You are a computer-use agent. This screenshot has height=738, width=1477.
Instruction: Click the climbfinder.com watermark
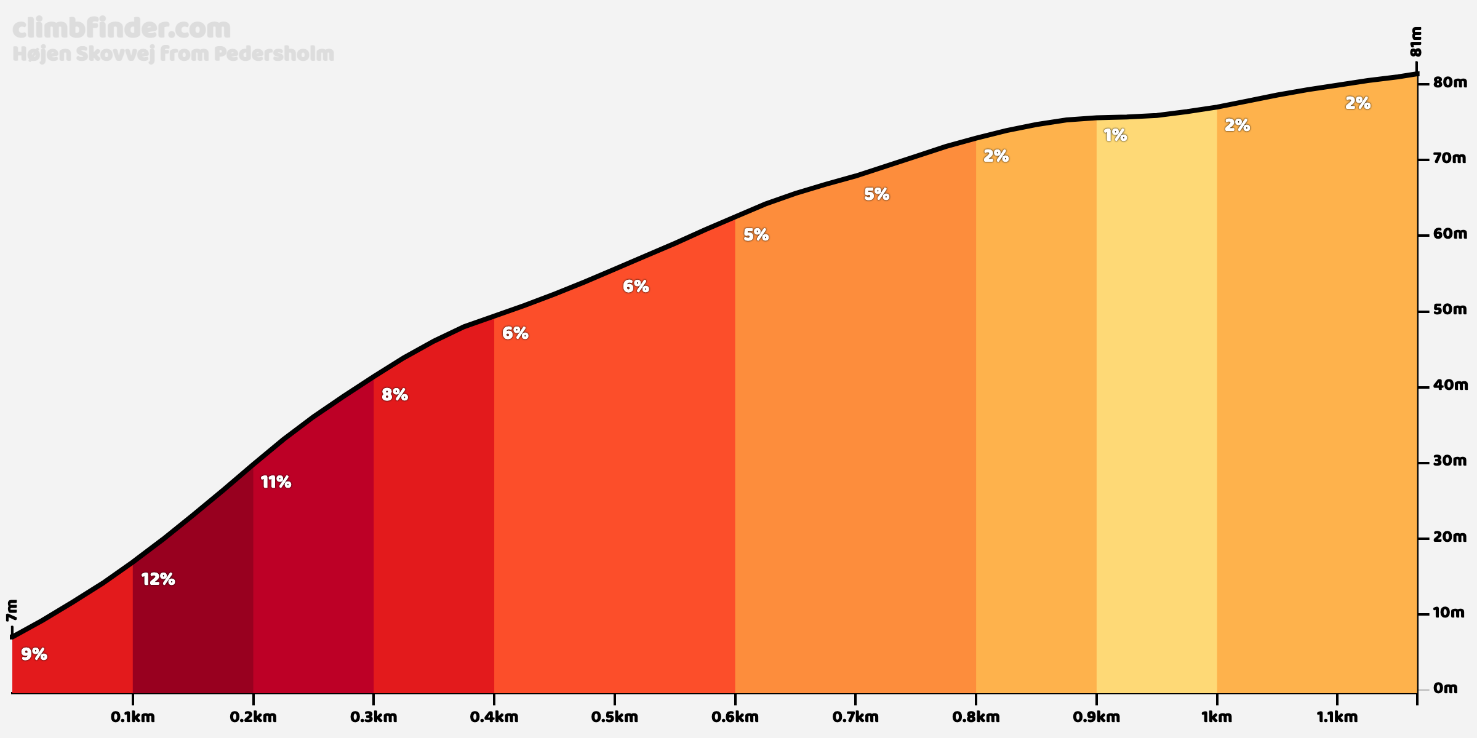pos(121,29)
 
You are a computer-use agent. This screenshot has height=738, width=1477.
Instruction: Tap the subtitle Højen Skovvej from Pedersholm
pos(173,54)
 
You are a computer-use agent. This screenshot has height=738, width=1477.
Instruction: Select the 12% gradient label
pos(158,579)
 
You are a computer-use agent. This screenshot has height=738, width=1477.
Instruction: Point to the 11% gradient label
pos(276,482)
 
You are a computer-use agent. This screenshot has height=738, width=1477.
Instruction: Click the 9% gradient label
pos(34,654)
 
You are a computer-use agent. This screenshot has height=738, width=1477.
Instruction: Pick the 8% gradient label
pos(394,395)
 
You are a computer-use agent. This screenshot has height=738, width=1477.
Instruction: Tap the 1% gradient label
pos(1115,135)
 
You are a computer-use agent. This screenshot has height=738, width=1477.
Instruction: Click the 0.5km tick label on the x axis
pos(614,717)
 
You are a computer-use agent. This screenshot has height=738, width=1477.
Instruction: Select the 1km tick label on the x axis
pos(1217,717)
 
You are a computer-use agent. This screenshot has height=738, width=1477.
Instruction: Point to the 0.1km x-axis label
pos(132,717)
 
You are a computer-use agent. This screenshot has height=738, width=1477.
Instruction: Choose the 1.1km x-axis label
pos(1337,717)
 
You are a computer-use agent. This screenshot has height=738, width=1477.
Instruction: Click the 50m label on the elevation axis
pos(1450,309)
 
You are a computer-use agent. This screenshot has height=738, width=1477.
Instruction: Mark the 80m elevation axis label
pos(1450,82)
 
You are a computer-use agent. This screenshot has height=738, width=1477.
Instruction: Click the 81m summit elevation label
pos(1415,42)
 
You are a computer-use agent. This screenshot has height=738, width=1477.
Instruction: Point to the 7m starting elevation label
pos(12,611)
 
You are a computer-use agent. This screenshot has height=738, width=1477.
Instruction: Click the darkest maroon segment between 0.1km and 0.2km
pos(193,615)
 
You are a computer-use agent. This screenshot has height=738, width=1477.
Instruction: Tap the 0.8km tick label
pos(975,717)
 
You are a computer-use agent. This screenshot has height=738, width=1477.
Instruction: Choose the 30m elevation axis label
pos(1450,461)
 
